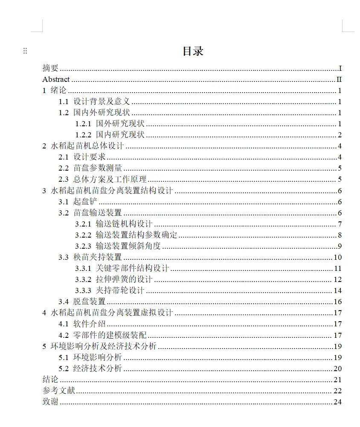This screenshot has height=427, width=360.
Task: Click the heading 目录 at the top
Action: point(193,52)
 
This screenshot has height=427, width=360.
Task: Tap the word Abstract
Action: point(56,79)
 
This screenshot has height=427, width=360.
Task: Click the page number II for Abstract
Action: point(339,79)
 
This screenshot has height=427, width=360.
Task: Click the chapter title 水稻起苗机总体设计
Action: point(87,146)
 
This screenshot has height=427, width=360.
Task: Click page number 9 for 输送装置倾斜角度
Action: point(340,246)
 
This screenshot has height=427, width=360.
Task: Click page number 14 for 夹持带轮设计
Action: point(337,290)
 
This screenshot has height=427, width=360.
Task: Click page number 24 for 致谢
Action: point(337,402)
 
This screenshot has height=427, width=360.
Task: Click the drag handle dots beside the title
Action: point(25,51)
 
